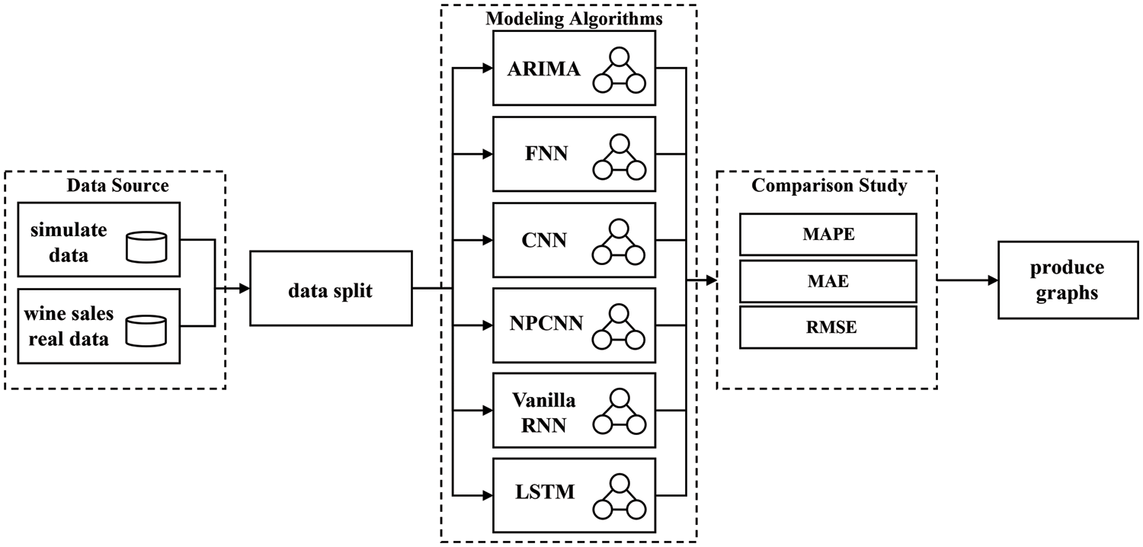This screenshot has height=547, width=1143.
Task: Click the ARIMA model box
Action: coord(574,69)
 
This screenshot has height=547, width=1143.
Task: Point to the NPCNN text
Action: coord(546,324)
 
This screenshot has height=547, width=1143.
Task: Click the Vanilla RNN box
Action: coord(574,411)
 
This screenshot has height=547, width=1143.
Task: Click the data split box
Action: coord(331,289)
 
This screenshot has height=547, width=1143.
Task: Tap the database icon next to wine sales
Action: coord(147,329)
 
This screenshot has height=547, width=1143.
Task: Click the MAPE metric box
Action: coord(828,234)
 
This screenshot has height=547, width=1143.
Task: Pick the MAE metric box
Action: coord(828,281)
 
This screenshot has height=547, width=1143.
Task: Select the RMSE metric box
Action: coord(828,328)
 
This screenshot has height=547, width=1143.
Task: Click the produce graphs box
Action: coord(1066,280)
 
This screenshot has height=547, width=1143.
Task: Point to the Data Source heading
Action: coord(117,185)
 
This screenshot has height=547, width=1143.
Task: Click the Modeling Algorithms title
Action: coord(574,19)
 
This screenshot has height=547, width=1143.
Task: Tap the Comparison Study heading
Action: coord(829,185)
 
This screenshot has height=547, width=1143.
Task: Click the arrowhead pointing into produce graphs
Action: coord(992,280)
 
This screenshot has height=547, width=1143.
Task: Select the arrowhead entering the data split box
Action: coord(245,289)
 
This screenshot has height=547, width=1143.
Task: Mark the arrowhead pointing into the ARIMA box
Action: coord(488,69)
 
